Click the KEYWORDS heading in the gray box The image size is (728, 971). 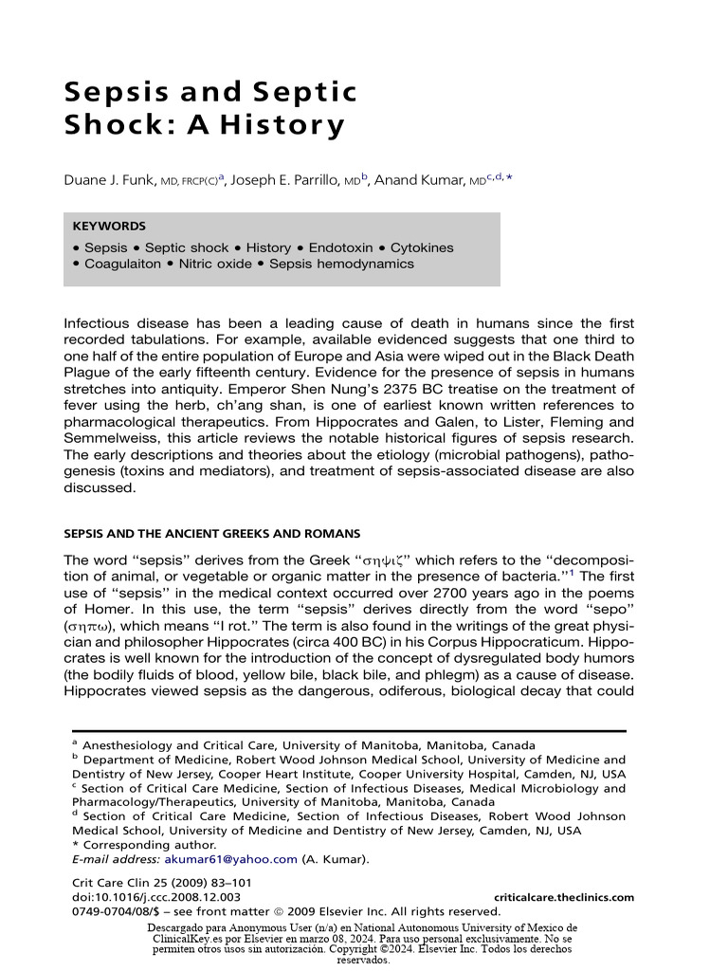pyautogui.click(x=109, y=227)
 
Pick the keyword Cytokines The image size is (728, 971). pyautogui.click(x=422, y=247)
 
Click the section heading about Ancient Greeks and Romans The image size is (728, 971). pyautogui.click(x=211, y=534)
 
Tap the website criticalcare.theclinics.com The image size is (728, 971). pyautogui.click(x=564, y=897)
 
